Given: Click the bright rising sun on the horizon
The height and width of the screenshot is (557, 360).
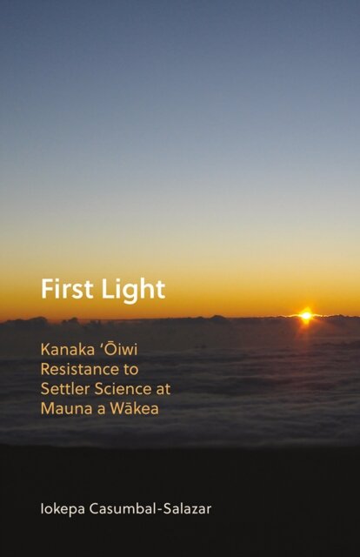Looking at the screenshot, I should [x=305, y=316].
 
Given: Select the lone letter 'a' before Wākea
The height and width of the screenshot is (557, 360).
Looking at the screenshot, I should [x=97, y=410].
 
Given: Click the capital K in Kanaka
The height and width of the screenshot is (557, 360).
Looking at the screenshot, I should [x=45, y=349].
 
